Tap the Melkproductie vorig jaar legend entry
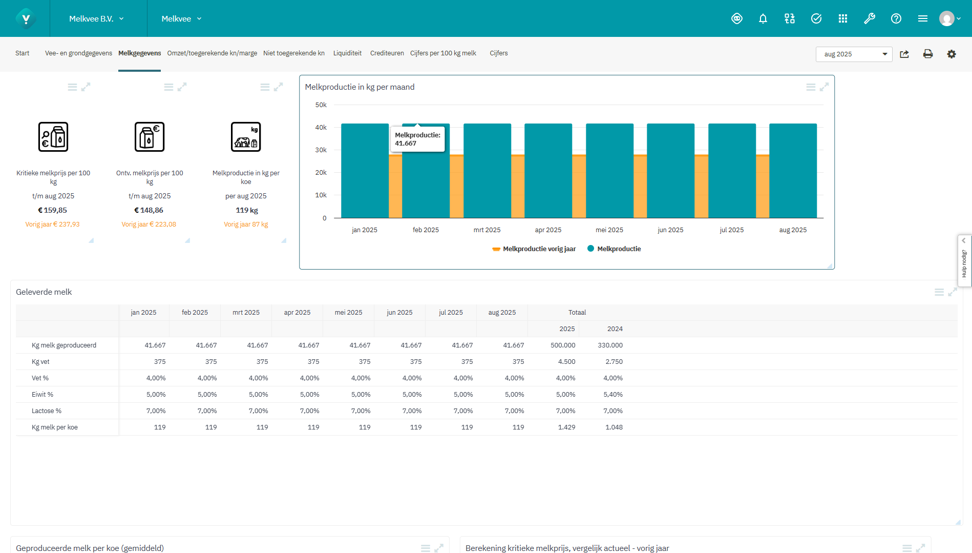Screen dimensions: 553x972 click(534, 249)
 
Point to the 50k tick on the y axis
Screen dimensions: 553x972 click(321, 105)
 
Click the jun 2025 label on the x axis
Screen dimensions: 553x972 click(670, 230)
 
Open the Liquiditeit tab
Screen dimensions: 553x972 click(347, 53)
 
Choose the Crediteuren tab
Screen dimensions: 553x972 click(387, 53)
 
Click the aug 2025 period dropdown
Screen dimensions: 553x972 click(854, 54)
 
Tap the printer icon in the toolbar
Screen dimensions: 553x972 click(927, 54)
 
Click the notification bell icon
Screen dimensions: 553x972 click(763, 19)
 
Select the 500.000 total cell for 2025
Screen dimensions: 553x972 click(563, 345)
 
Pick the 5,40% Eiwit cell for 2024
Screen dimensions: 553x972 click(612, 395)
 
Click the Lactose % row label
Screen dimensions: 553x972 click(47, 411)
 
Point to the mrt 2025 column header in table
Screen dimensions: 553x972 click(246, 313)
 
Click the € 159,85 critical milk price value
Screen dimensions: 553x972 click(52, 210)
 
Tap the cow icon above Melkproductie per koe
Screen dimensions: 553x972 click(246, 137)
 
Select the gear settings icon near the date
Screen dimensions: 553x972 click(951, 54)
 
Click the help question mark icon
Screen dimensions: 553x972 click(896, 19)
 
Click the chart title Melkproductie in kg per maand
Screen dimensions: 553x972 click(360, 87)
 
